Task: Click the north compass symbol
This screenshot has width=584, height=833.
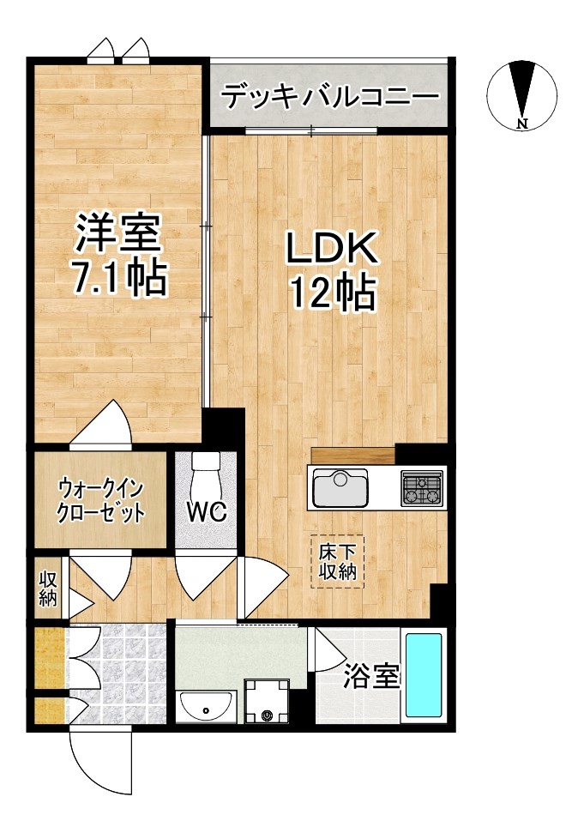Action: click(x=522, y=94)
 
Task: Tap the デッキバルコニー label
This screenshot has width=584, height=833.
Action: click(x=329, y=96)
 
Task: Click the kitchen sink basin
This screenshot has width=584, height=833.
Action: click(x=340, y=489)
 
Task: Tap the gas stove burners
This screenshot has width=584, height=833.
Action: click(x=422, y=489)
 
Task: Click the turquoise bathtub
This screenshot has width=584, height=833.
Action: click(x=423, y=675)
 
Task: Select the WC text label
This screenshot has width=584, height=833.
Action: click(x=207, y=512)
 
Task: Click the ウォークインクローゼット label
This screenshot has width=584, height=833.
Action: click(x=100, y=501)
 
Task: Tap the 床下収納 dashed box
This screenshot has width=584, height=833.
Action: click(x=338, y=562)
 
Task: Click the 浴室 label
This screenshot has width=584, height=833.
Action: click(x=372, y=677)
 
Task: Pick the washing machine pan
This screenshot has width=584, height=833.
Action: click(x=267, y=702)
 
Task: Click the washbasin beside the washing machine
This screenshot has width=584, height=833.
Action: click(x=207, y=707)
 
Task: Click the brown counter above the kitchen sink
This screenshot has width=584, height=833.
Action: click(x=352, y=456)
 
